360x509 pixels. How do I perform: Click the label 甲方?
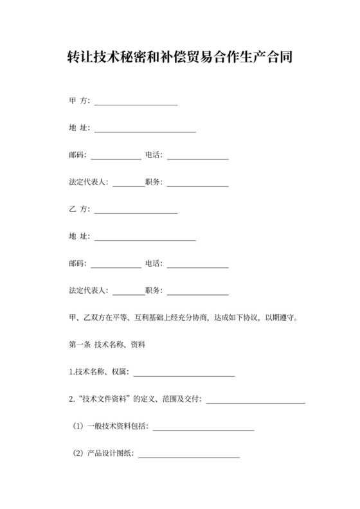coord(80,102)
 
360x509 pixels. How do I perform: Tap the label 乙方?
coord(80,210)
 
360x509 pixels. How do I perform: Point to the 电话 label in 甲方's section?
coord(154,156)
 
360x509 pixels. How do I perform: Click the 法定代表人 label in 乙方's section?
coord(89,290)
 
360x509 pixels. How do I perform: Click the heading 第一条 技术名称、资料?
coord(107,344)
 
